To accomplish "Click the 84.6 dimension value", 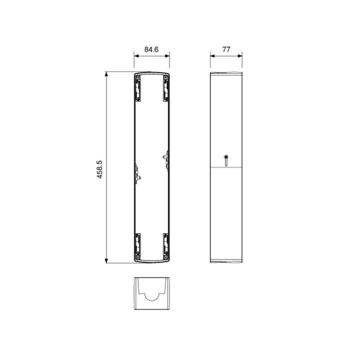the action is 151,49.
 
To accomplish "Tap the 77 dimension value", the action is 226,49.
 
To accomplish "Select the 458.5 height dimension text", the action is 99,169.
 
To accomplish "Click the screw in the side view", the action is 226,160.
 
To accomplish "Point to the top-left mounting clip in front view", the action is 138,88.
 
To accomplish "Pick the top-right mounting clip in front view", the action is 166,88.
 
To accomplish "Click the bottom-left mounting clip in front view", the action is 138,246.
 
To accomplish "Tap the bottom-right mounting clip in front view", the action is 166,246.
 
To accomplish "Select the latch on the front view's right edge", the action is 166,160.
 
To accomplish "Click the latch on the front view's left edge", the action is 138,174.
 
